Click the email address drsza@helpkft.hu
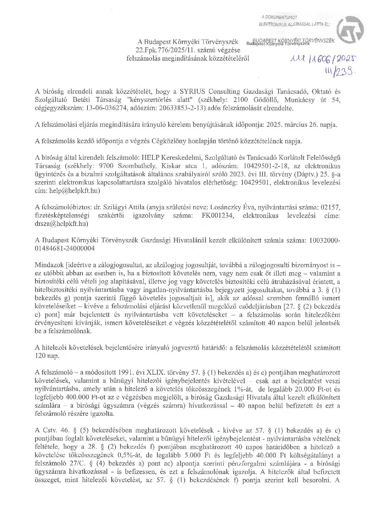[x=61, y=224]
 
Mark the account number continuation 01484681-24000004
[x=65, y=249]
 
